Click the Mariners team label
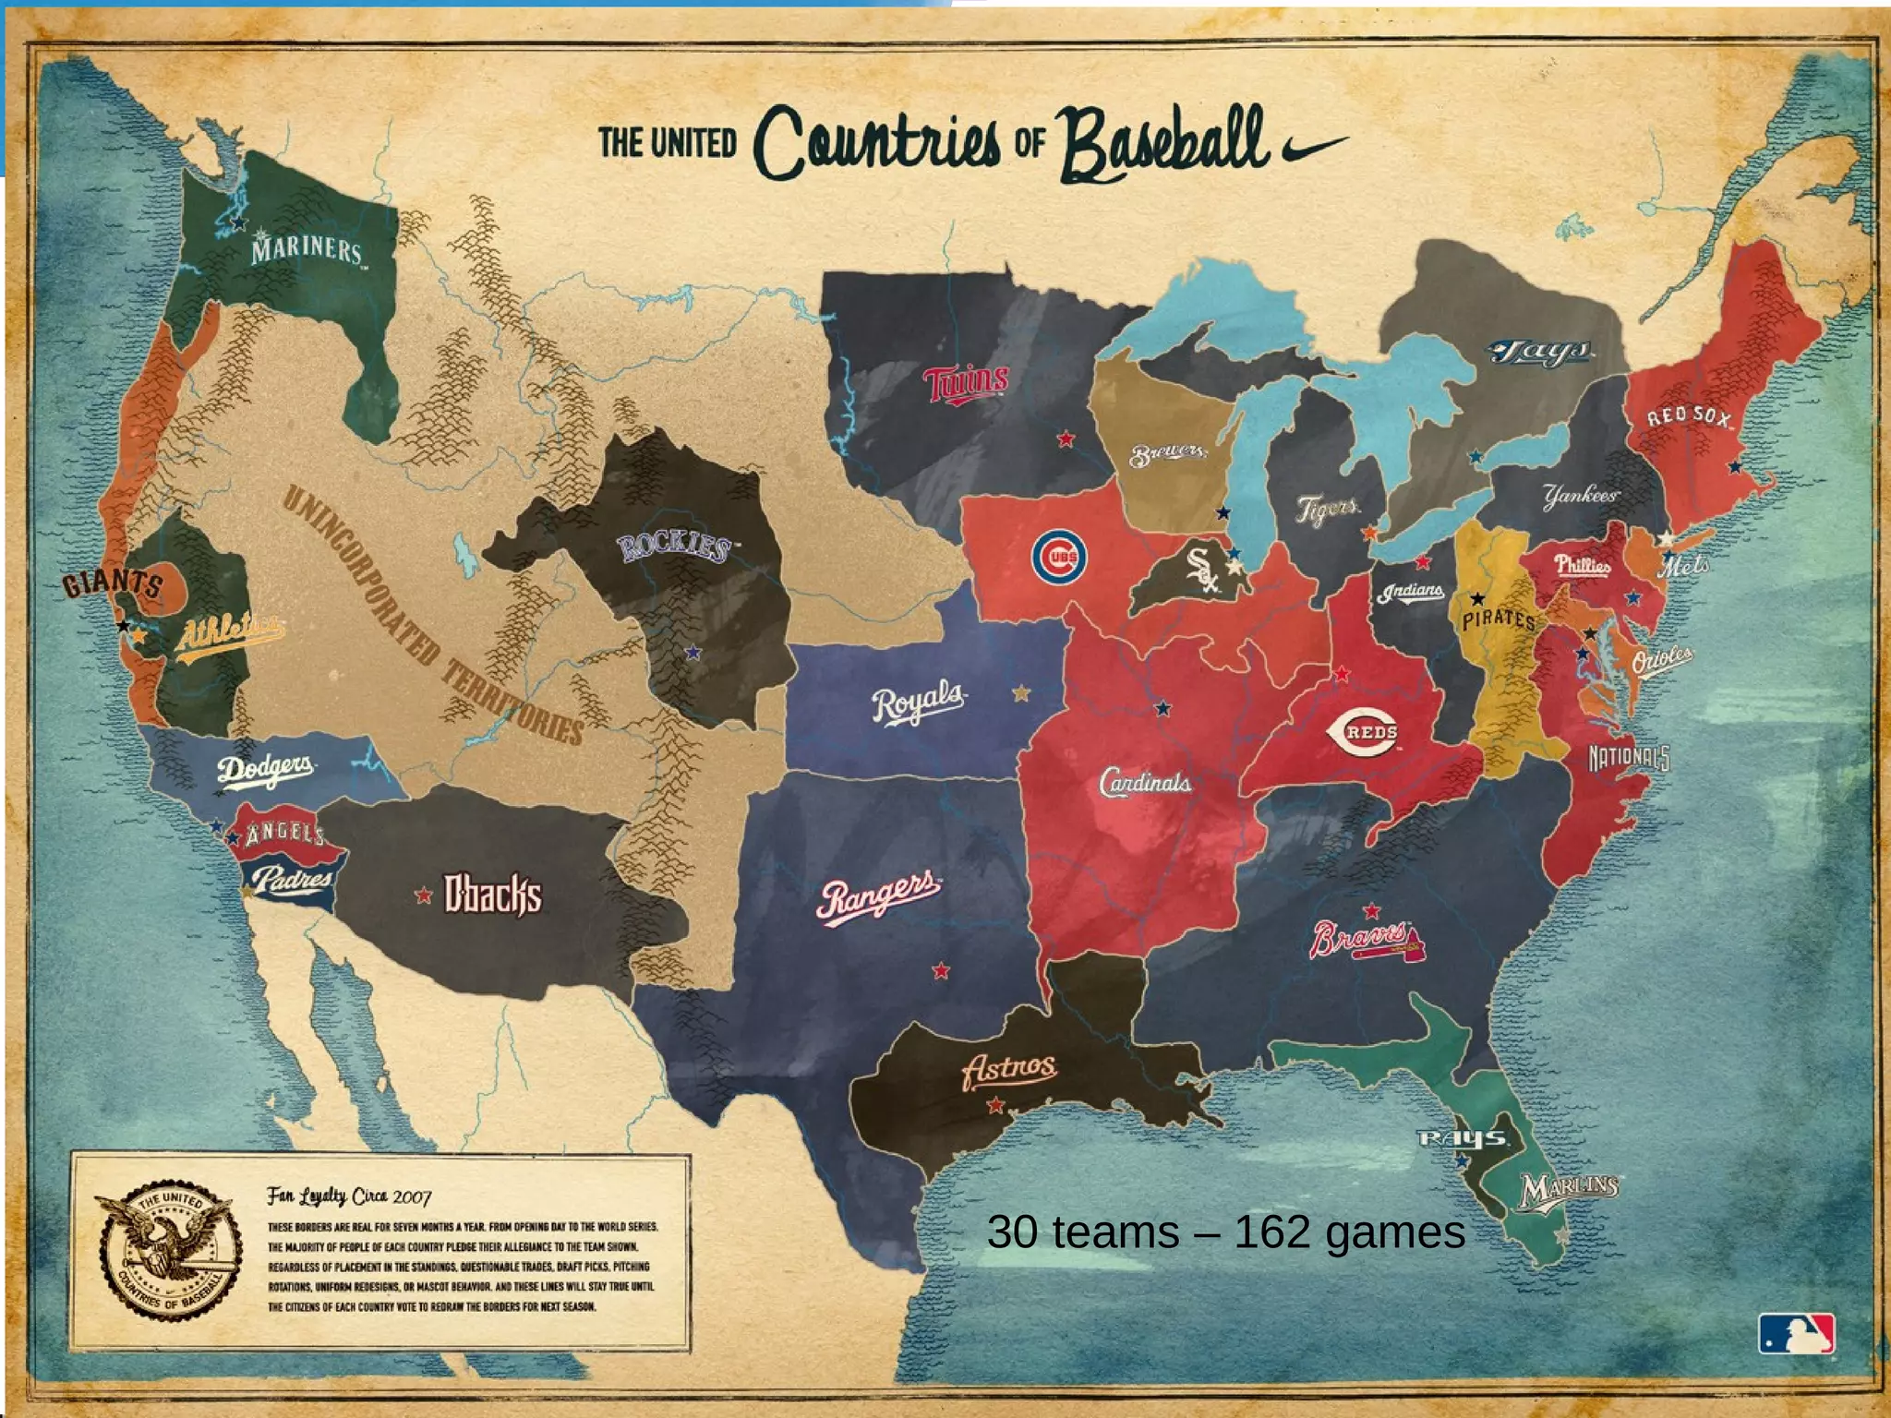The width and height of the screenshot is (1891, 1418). (307, 250)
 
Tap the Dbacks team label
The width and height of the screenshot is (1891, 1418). (493, 895)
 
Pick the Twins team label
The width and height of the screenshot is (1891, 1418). (966, 382)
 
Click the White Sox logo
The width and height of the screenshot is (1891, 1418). (1202, 570)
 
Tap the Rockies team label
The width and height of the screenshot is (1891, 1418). (673, 547)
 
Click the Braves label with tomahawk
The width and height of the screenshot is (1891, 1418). (1367, 939)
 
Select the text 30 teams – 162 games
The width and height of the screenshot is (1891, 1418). (1225, 1232)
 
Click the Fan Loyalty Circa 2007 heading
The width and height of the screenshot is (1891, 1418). (349, 1196)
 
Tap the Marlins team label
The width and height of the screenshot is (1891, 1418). (1569, 1189)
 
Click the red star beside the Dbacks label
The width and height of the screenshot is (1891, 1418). (424, 895)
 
